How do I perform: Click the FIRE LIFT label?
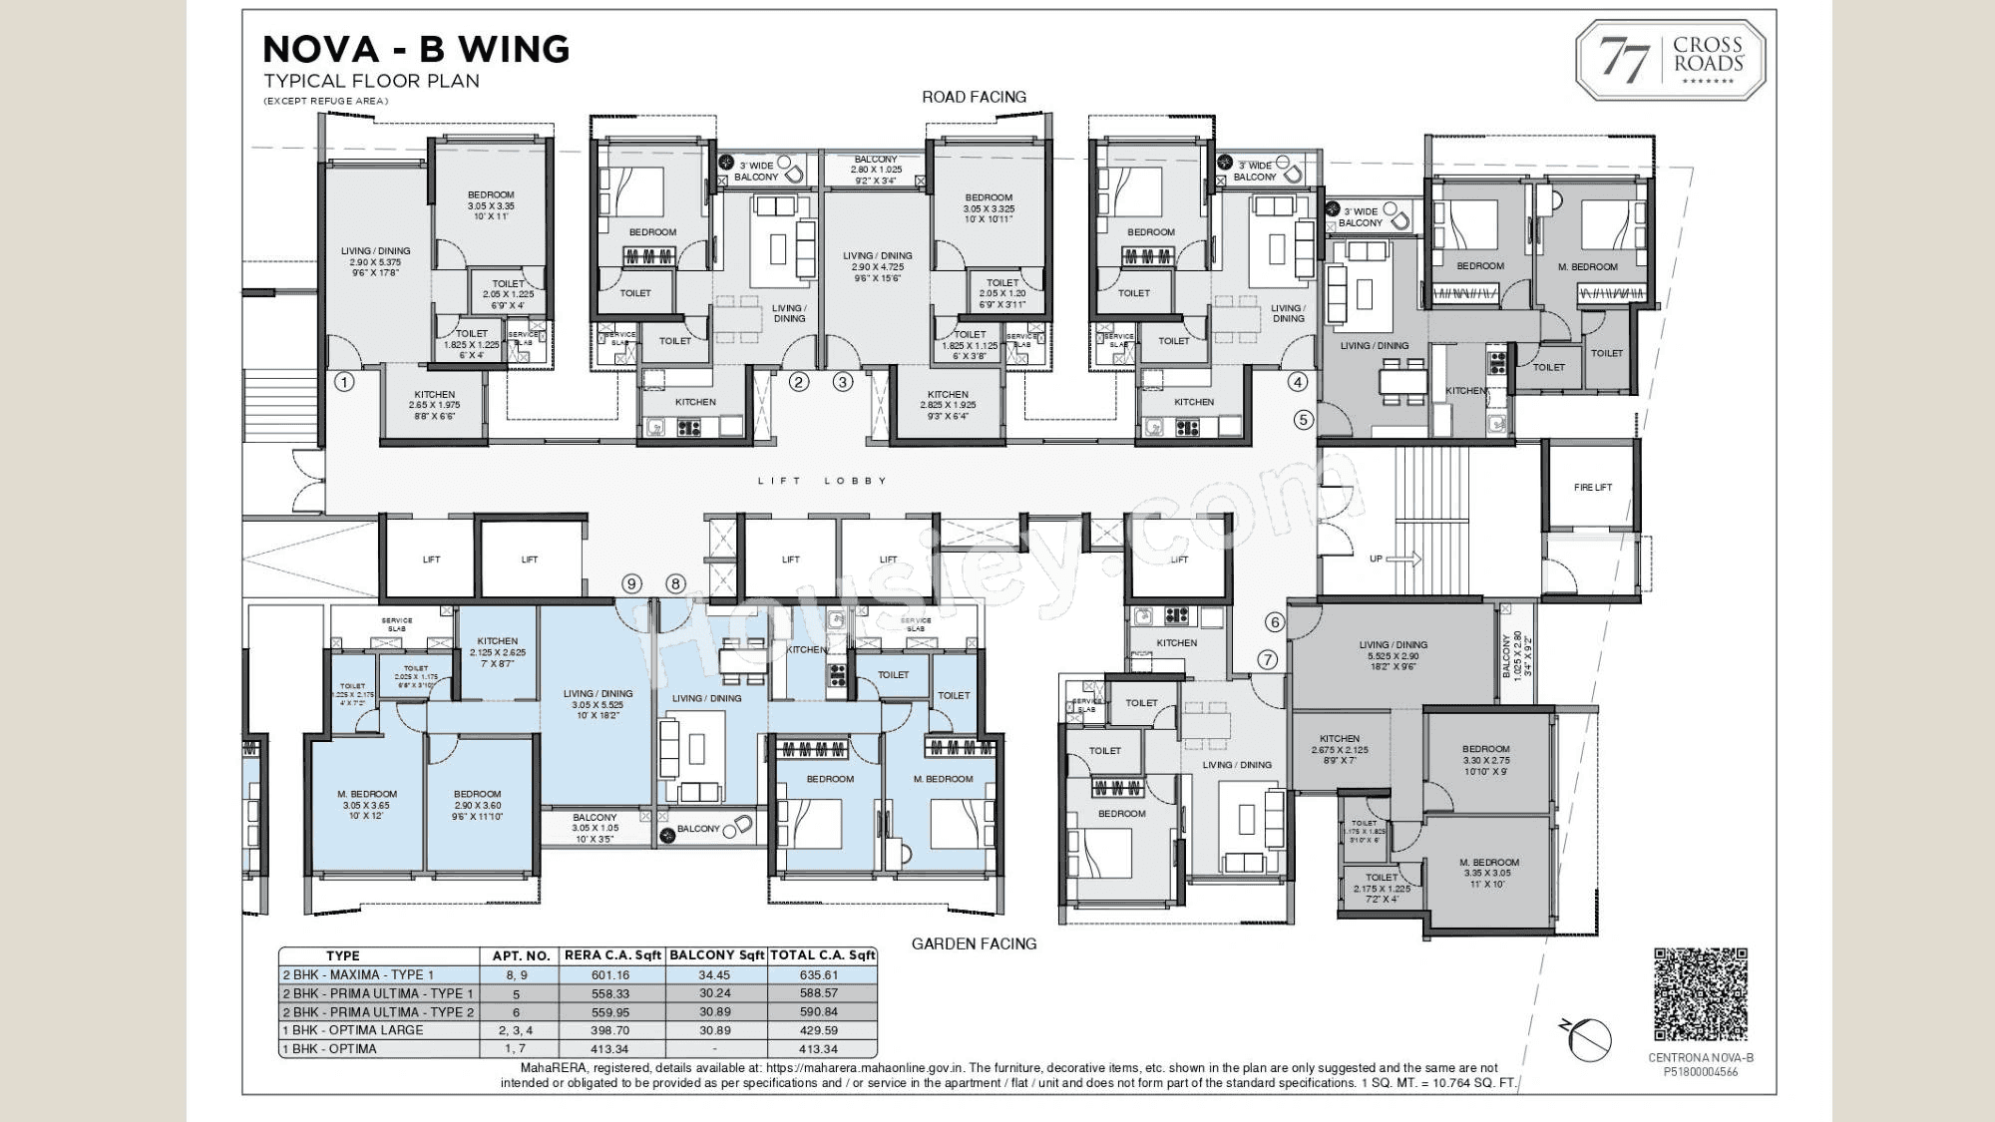pyautogui.click(x=1592, y=488)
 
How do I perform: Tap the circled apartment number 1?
pyautogui.click(x=344, y=382)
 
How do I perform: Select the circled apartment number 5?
pyautogui.click(x=1303, y=420)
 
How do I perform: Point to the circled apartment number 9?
pyautogui.click(x=630, y=584)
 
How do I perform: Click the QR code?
pyautogui.click(x=1701, y=994)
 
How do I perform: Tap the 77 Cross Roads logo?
pyautogui.click(x=1670, y=60)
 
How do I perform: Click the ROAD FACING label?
pyautogui.click(x=974, y=97)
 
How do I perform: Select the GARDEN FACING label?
pyautogui.click(x=974, y=943)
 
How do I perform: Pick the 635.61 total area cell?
pyautogui.click(x=818, y=975)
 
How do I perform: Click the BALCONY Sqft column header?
pyautogui.click(x=716, y=955)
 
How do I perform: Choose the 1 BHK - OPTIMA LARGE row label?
pyautogui.click(x=353, y=1030)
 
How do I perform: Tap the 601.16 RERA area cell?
pyautogui.click(x=610, y=975)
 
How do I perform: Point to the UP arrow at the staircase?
pyautogui.click(x=1402, y=560)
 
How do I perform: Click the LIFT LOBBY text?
pyautogui.click(x=822, y=481)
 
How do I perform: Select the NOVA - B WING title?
pyautogui.click(x=416, y=49)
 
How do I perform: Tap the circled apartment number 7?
pyautogui.click(x=1267, y=660)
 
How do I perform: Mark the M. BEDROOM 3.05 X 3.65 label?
pyautogui.click(x=366, y=805)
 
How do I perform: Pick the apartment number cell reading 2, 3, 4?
pyautogui.click(x=516, y=1030)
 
